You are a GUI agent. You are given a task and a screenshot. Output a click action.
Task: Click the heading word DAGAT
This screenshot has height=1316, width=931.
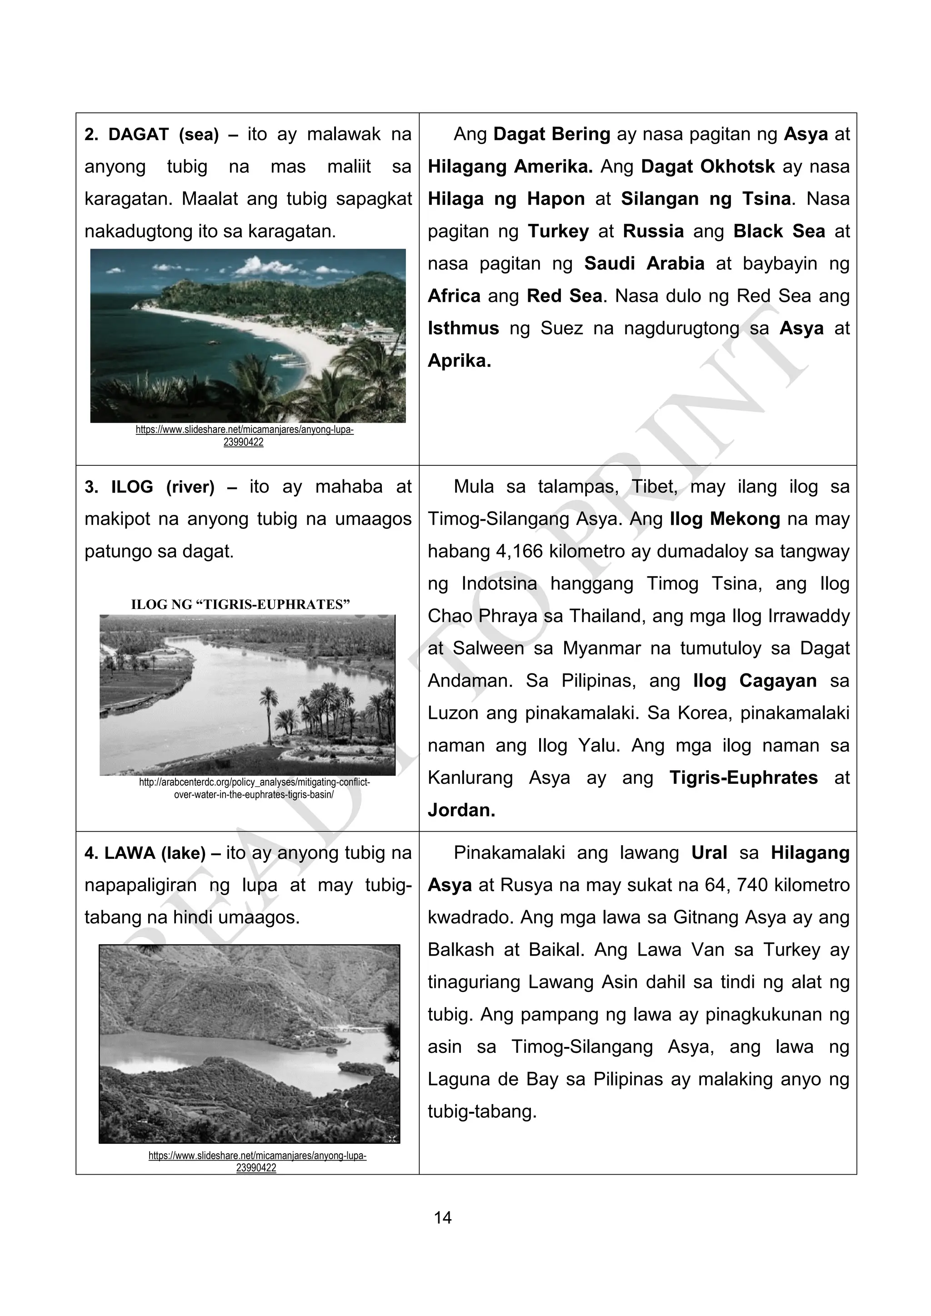138,134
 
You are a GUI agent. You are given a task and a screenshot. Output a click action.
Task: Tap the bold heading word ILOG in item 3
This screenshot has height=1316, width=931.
132,487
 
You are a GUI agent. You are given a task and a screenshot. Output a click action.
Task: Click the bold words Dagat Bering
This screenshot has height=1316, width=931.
551,134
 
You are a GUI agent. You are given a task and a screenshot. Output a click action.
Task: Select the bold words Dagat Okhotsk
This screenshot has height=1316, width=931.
707,167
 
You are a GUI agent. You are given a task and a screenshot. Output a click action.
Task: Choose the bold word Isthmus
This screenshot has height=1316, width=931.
463,329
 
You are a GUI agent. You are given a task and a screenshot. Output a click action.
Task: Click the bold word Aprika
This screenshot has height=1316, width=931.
459,361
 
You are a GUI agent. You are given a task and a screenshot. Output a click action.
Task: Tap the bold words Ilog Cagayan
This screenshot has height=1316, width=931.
755,681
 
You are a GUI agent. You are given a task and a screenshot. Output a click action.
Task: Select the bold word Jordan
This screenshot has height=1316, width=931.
461,811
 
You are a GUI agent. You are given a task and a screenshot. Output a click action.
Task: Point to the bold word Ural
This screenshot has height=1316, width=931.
709,853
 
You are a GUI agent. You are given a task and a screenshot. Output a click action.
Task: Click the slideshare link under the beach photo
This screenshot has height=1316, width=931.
244,436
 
